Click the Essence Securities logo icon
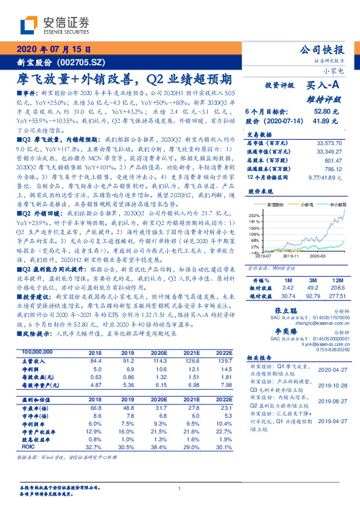click(x=29, y=25)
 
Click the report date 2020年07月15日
click(x=53, y=49)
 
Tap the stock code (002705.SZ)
click(x=79, y=62)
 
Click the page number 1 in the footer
click(x=180, y=488)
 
